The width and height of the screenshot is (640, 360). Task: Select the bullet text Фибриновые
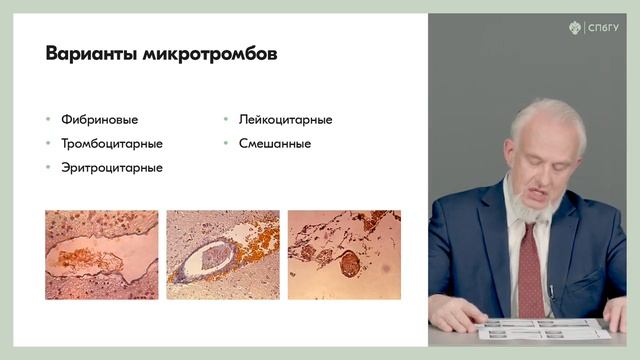click(99, 120)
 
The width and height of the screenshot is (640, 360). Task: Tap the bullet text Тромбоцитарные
click(111, 143)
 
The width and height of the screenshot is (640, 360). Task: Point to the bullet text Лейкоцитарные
click(285, 120)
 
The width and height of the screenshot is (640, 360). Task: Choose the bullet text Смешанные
click(274, 143)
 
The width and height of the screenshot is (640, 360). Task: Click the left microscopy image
click(101, 255)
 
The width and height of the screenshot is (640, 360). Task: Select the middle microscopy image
click(222, 255)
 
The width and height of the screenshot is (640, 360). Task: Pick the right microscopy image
click(343, 255)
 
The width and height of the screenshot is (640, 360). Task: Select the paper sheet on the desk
click(544, 328)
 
